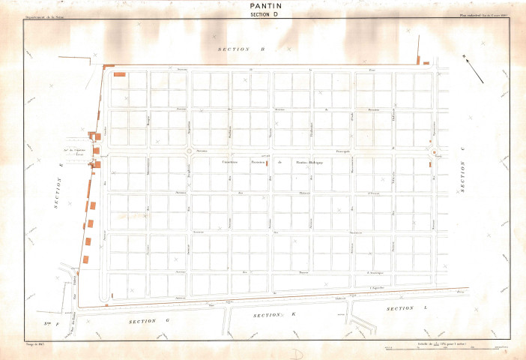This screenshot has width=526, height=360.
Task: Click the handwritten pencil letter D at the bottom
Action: [x=297, y=351]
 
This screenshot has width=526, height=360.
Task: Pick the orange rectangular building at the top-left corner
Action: [x=119, y=74]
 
